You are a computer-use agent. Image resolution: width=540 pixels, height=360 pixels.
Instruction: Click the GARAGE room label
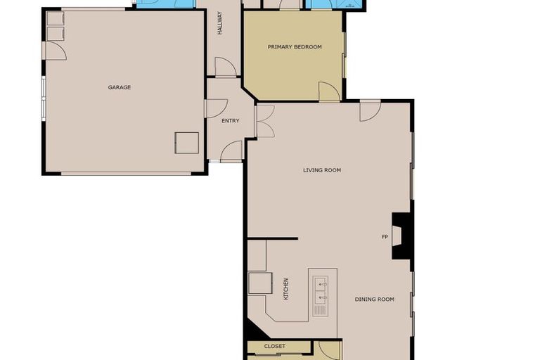point(120,87)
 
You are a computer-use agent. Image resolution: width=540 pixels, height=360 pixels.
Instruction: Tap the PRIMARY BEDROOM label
point(295,47)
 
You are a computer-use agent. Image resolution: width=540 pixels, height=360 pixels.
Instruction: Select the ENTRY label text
point(230,121)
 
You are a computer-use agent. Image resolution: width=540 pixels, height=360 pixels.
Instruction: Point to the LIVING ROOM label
point(322,170)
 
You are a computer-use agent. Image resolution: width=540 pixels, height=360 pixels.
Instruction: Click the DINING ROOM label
point(374,300)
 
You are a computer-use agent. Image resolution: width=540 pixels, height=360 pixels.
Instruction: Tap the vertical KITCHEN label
point(286,290)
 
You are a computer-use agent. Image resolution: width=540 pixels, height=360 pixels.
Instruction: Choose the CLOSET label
point(275,347)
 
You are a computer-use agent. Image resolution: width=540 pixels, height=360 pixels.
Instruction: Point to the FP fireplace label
point(385,237)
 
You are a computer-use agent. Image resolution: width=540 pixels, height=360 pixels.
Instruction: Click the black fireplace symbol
point(401,236)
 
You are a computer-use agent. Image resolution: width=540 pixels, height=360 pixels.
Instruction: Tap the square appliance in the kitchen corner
point(260,283)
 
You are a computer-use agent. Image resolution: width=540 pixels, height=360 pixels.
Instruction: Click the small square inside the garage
point(186,143)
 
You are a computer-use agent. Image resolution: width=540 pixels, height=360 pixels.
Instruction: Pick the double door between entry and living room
point(264,120)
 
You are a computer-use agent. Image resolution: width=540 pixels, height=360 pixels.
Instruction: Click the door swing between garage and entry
point(215,108)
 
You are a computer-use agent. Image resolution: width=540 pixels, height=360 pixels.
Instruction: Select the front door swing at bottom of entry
point(232,151)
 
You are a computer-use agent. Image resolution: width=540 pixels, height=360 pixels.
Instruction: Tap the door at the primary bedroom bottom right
point(329,91)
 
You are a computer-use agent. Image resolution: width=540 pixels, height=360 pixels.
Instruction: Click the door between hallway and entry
point(225,67)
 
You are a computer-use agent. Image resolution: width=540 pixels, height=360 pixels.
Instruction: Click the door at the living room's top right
point(370,110)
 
